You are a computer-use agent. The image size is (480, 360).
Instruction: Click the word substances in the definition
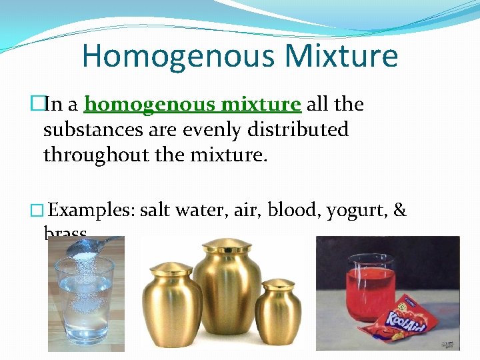coord(93,129)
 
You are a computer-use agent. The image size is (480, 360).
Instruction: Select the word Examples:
coord(92,210)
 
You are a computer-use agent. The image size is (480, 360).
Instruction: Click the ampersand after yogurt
coord(400,210)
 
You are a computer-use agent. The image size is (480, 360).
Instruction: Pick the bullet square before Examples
coord(37,211)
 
